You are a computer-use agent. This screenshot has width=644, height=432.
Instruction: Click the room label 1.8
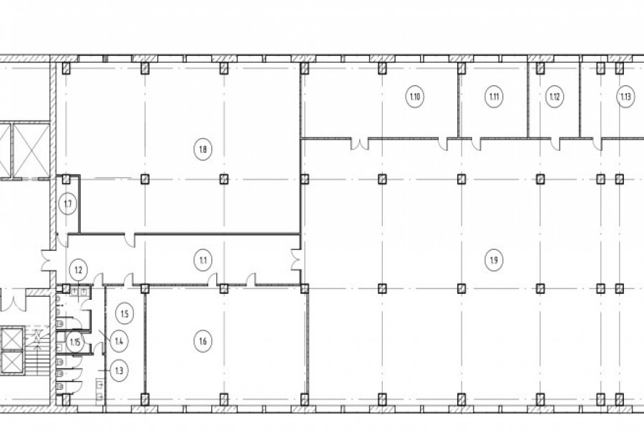tap(203, 149)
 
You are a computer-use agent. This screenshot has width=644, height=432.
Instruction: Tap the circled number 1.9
tap(494, 260)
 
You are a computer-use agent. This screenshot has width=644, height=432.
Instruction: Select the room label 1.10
tap(415, 97)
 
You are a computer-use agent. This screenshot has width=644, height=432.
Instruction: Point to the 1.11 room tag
tap(494, 97)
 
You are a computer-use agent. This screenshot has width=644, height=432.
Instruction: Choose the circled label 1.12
tap(555, 97)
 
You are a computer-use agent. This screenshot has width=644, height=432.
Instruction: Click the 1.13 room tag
tap(625, 97)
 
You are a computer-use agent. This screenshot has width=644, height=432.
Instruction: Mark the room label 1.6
tap(203, 341)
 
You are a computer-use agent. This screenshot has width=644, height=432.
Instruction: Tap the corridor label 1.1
tap(203, 260)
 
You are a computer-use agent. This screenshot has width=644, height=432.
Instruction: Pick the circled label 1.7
tap(68, 204)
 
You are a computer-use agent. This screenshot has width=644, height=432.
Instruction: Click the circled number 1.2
tap(79, 270)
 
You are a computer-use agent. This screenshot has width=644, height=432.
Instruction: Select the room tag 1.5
tap(125, 314)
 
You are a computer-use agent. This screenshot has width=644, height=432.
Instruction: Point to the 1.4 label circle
tap(119, 341)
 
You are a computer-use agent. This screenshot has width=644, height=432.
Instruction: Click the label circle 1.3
tap(119, 371)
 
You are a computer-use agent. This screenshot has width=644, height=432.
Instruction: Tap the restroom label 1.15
tap(74, 342)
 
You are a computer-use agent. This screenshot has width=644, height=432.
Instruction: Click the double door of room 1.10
tap(360, 144)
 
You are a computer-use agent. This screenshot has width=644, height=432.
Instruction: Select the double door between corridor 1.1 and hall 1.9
tap(296, 260)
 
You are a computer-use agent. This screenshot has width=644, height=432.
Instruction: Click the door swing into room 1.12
tap(555, 144)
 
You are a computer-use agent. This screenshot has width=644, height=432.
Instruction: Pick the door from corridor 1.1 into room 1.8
tap(130, 240)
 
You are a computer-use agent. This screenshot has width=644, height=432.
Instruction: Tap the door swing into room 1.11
tap(476, 144)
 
